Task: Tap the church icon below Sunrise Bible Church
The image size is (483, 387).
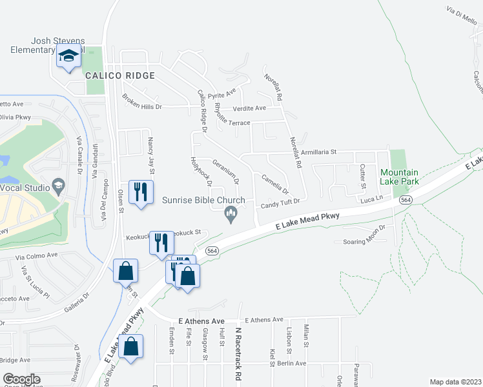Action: pyautogui.click(x=229, y=213)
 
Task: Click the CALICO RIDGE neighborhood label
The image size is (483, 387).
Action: pyautogui.click(x=120, y=75)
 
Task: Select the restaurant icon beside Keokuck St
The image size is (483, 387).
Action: pyautogui.click(x=160, y=243)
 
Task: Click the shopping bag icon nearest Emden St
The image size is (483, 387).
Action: pyautogui.click(x=131, y=347)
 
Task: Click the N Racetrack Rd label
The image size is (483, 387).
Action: pyautogui.click(x=238, y=353)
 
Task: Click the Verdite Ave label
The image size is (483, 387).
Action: pyautogui.click(x=249, y=108)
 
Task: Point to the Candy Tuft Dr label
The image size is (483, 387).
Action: pyautogui.click(x=281, y=204)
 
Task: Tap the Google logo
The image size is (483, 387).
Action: pyautogui.click(x=21, y=379)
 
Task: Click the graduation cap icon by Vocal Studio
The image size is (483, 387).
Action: pyautogui.click(x=58, y=186)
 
